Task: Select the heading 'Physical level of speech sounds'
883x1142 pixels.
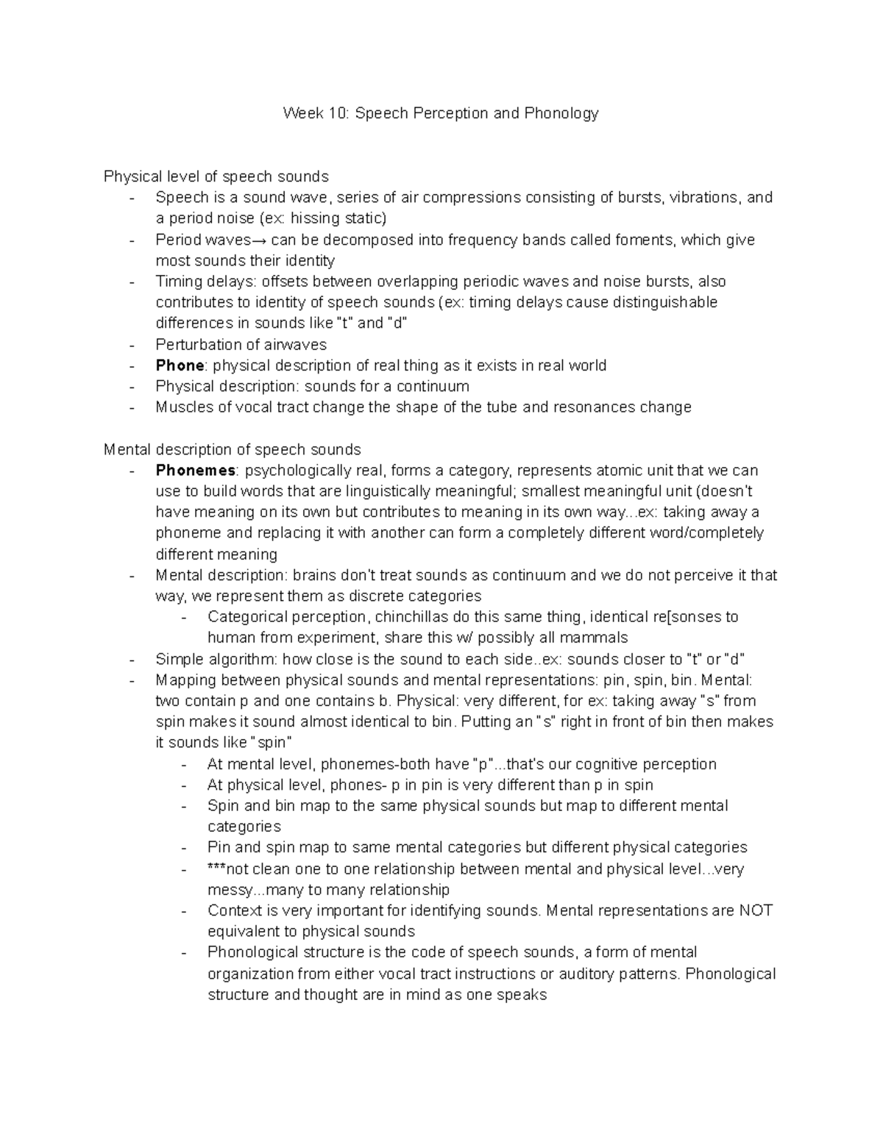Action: [216, 176]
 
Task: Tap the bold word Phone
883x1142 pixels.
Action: [180, 365]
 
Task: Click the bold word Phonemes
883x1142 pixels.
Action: [195, 471]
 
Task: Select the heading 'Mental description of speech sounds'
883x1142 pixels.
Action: [232, 449]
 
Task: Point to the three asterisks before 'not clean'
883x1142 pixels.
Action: [216, 868]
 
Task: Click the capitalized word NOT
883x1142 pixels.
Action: [756, 910]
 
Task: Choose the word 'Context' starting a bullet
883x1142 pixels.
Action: [235, 910]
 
